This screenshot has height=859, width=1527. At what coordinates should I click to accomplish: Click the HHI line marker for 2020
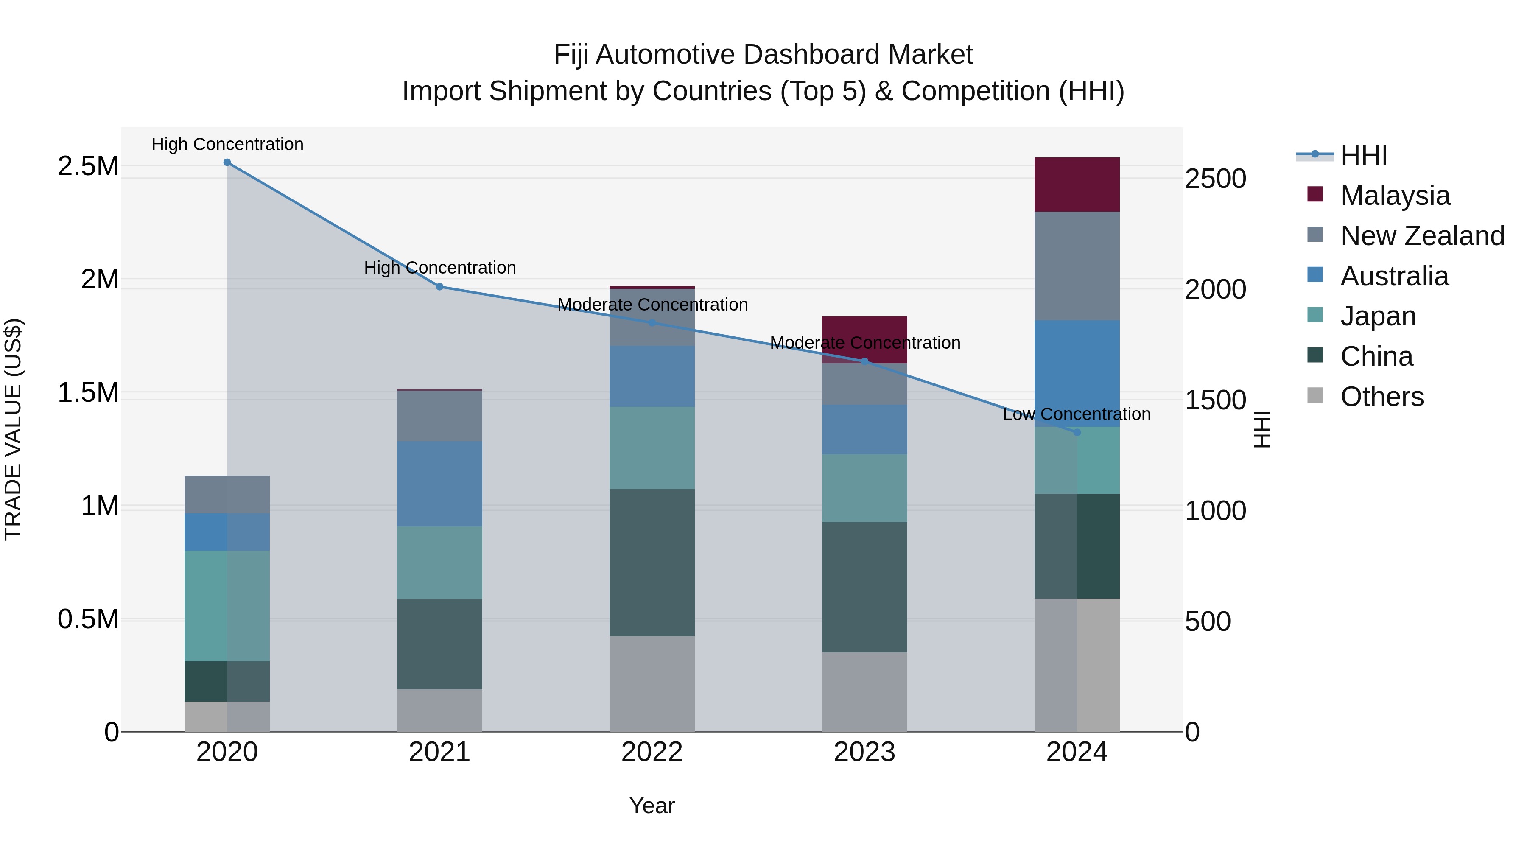coord(227,162)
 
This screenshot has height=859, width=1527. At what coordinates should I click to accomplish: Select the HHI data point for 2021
coord(440,287)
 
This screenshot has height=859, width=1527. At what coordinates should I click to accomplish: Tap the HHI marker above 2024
coord(1077,432)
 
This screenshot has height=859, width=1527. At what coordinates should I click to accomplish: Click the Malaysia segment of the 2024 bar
coord(1077,185)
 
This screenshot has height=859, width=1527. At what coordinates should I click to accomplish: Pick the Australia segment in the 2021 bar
coord(439,483)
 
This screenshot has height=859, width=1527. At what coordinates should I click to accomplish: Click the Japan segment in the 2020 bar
coord(227,605)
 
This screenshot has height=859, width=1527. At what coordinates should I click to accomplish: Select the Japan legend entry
coord(1378,316)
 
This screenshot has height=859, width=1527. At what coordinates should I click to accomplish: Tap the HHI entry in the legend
coord(1363,155)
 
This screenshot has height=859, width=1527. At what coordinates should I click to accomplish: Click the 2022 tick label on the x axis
coord(652,752)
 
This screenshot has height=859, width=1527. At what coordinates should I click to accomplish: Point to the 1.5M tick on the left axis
coord(88,392)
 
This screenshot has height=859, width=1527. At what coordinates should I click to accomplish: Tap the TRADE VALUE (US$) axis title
coord(14,429)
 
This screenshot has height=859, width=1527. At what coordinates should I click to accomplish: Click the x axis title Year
coord(652,806)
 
